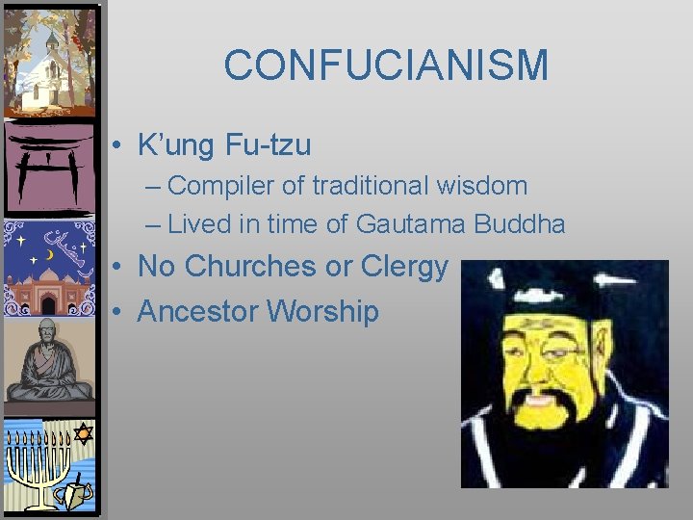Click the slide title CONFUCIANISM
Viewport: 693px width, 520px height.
pos(386,65)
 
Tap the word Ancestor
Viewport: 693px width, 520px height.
pos(198,311)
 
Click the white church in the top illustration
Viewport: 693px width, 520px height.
pos(48,77)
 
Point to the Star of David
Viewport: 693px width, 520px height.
pos(83,433)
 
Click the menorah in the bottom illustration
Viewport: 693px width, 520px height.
pos(38,462)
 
